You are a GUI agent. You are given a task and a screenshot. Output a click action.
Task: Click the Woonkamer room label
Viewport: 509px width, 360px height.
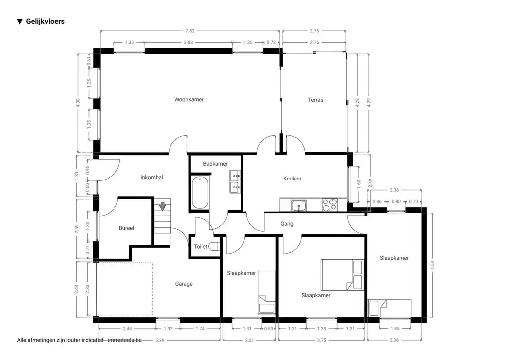pos(189,100)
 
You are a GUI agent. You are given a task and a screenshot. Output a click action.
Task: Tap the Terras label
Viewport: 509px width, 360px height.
pos(315,100)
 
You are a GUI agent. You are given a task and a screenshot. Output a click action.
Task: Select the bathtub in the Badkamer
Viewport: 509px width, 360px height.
pos(200,192)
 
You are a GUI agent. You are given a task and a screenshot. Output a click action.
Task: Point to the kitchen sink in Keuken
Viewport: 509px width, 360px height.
pos(299,204)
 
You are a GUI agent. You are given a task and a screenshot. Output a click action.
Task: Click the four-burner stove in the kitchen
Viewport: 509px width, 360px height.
pos(329,204)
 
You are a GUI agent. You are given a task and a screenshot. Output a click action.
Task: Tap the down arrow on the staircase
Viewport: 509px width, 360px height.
pos(162,206)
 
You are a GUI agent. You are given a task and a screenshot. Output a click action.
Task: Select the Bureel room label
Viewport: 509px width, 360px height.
pos(126,228)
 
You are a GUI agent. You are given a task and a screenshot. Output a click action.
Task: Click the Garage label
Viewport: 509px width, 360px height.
pos(183,284)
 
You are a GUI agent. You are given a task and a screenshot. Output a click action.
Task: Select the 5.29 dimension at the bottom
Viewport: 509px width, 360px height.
pos(159,340)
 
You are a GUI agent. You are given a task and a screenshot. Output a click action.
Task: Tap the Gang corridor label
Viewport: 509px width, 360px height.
pos(287,224)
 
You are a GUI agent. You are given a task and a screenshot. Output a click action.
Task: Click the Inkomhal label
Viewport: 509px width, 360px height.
pos(152,177)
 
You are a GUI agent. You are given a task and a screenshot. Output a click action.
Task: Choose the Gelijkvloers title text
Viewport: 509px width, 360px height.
pos(45,21)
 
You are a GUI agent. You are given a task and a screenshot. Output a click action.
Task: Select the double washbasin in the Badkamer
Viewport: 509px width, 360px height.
pos(234,181)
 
